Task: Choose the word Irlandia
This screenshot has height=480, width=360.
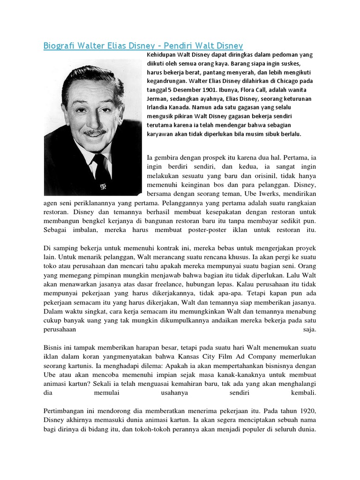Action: pyautogui.click(x=158, y=107)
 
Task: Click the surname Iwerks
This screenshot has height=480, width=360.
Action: pyautogui.click(x=253, y=193)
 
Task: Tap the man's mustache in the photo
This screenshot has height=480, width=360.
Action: pyautogui.click(x=96, y=133)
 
